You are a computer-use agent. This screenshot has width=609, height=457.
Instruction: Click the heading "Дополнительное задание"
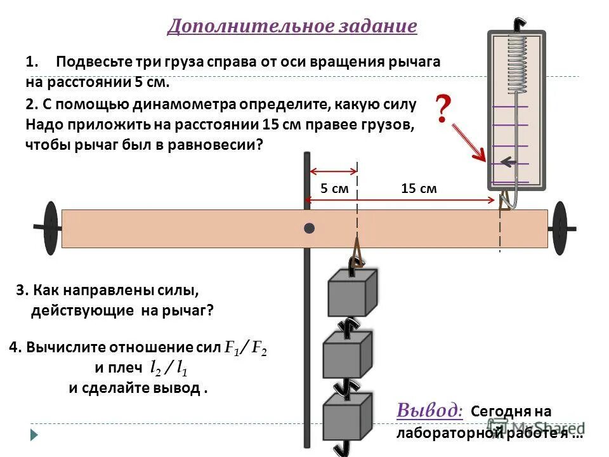(x=292, y=26)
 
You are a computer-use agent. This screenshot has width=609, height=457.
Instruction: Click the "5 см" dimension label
(x=334, y=189)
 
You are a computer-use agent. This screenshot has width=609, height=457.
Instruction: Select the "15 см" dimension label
(x=419, y=189)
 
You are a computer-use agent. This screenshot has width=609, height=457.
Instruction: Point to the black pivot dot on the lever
(x=309, y=228)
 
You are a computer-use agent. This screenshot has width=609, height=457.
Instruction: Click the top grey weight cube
(x=351, y=292)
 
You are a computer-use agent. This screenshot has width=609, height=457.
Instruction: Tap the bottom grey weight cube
(x=346, y=416)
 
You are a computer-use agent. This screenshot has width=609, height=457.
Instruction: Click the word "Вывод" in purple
(x=429, y=410)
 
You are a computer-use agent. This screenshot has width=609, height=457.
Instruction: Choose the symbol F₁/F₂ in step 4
(x=246, y=348)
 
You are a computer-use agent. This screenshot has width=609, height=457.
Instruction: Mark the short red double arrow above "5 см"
(x=333, y=171)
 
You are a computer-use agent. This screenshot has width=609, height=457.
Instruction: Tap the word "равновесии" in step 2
(x=216, y=145)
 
